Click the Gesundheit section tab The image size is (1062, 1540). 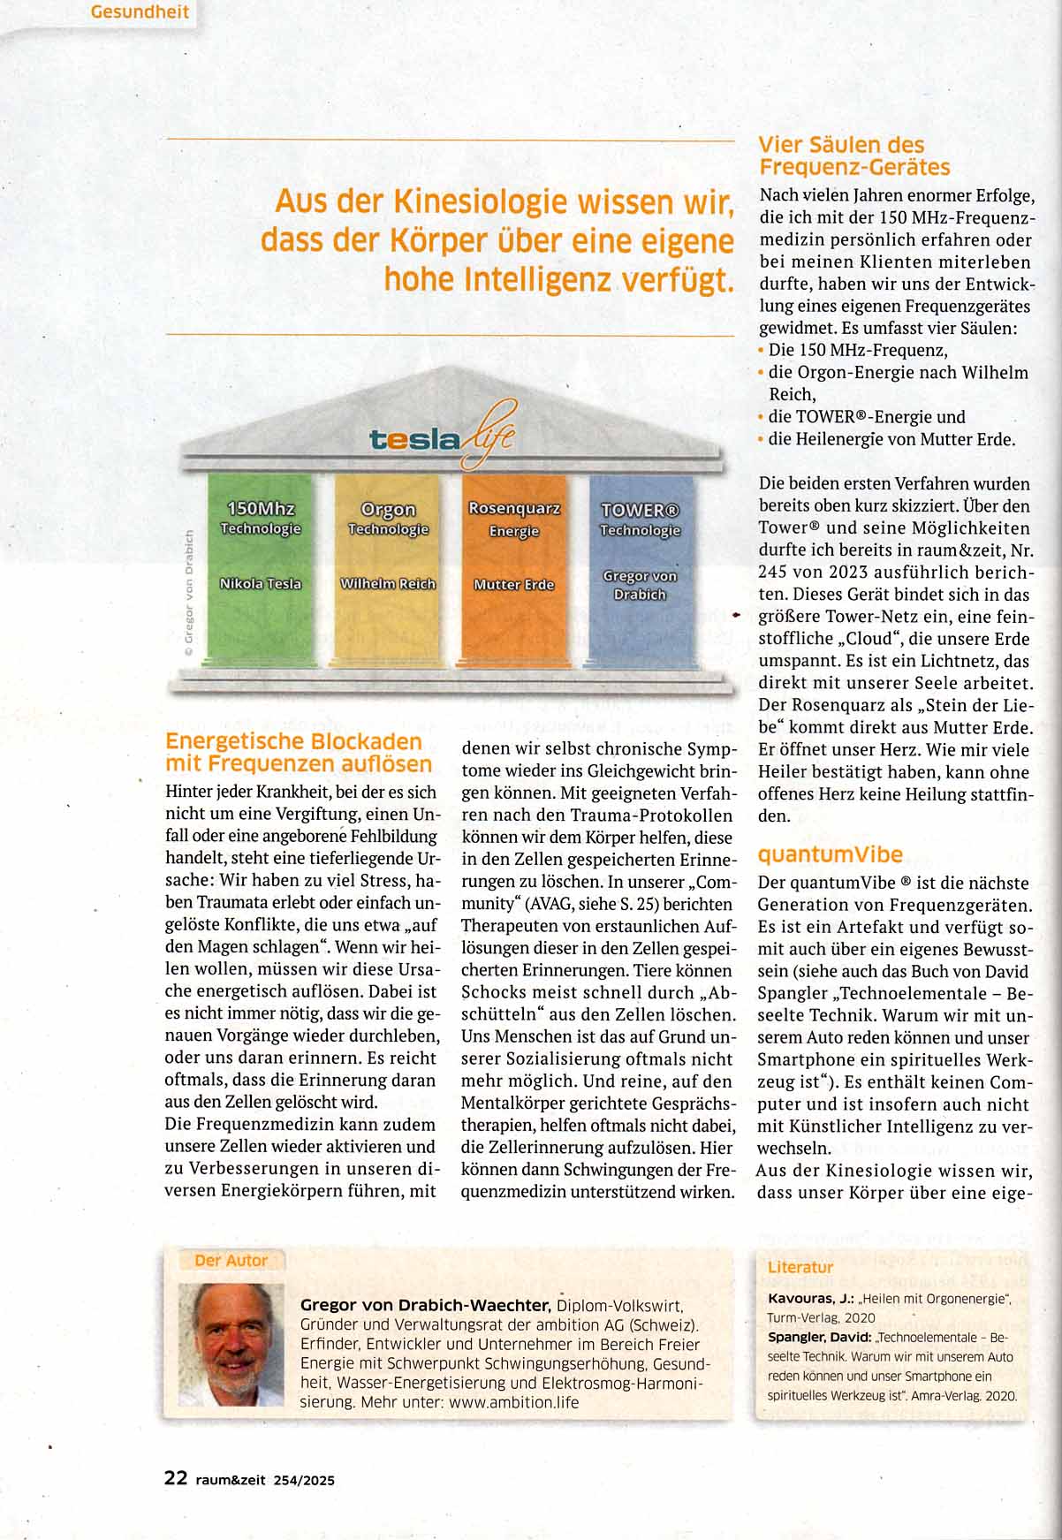click(140, 13)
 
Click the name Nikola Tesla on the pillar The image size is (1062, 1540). click(260, 583)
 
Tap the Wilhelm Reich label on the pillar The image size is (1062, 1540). click(388, 583)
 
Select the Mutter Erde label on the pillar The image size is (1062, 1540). click(514, 584)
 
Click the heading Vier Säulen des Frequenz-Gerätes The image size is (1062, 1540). click(853, 156)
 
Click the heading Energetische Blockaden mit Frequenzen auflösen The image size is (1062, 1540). click(298, 752)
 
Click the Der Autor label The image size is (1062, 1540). click(231, 1261)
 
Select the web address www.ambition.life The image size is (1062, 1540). click(513, 1401)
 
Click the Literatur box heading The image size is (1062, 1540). click(800, 1267)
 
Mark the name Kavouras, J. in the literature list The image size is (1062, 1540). click(810, 1298)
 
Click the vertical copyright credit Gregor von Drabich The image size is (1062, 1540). click(188, 592)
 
